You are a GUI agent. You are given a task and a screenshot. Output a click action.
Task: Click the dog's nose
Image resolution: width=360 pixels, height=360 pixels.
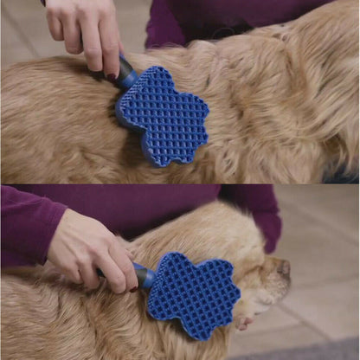point(283,267)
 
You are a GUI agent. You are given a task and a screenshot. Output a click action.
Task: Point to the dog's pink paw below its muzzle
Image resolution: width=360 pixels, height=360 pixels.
point(245,322)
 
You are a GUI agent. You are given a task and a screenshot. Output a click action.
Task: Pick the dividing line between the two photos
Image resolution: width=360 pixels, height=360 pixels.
point(180,183)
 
